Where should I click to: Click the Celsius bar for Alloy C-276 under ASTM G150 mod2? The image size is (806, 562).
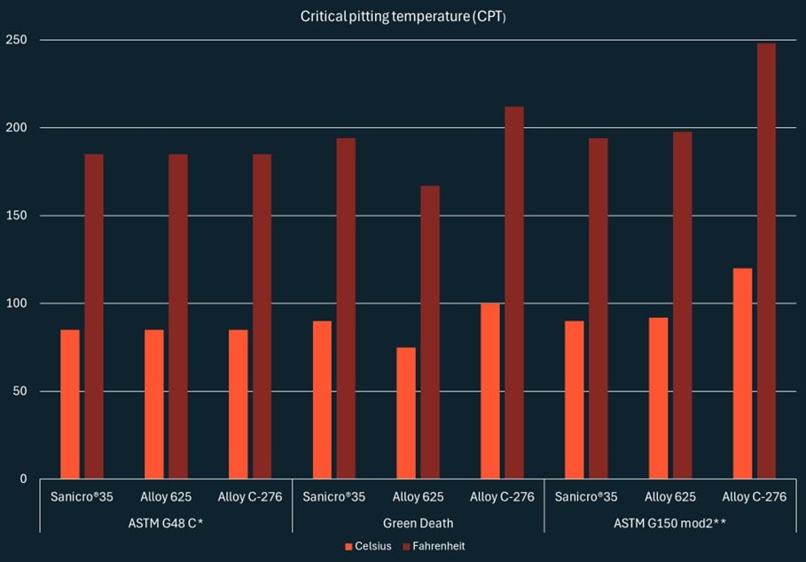click(742, 374)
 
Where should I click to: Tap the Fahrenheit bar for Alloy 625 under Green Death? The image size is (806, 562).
click(430, 332)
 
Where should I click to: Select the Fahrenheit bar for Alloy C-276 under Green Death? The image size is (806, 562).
click(514, 293)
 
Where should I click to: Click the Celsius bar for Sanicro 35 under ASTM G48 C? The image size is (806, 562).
click(70, 404)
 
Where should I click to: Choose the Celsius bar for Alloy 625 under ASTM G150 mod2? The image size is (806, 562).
click(659, 398)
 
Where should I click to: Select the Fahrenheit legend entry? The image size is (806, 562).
click(435, 546)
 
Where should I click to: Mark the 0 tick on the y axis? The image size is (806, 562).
click(24, 479)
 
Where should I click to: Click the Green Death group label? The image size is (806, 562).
click(418, 523)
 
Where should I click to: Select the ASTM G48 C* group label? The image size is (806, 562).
click(166, 523)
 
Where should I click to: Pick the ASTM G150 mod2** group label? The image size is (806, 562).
click(670, 523)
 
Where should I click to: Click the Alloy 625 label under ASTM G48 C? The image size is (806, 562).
click(166, 496)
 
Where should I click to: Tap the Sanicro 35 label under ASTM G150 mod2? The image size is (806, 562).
click(586, 496)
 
